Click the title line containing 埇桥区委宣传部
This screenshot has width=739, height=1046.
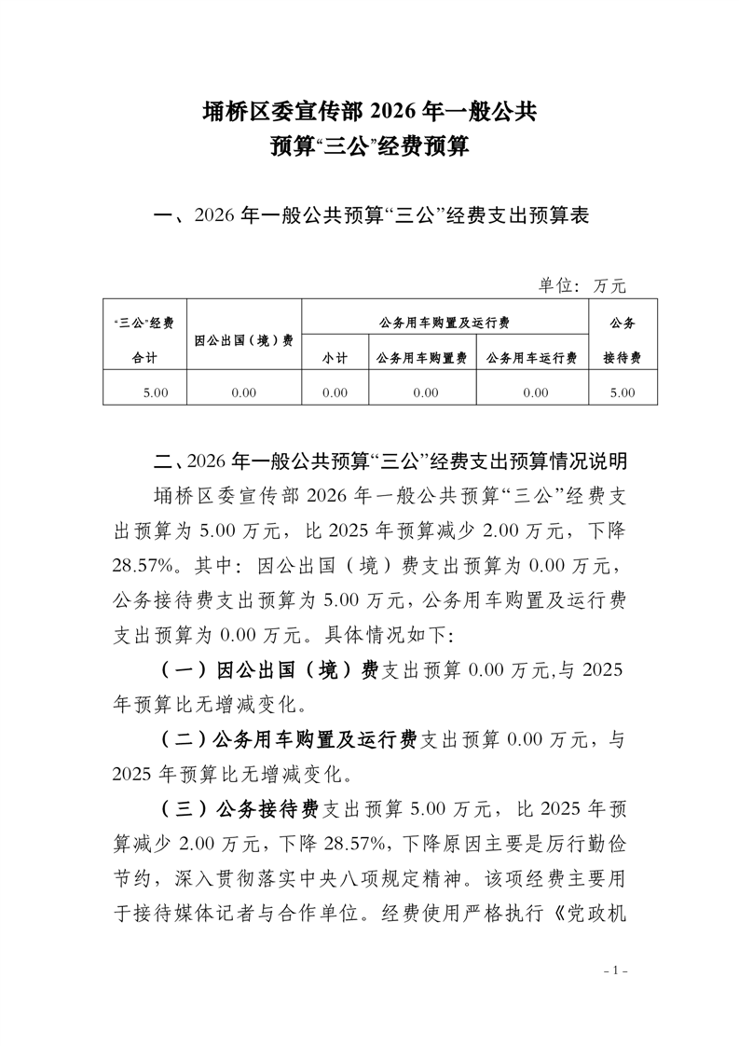[x=369, y=113]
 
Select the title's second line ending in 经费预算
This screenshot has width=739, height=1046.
[x=369, y=147]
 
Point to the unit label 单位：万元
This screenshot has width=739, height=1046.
[x=582, y=284]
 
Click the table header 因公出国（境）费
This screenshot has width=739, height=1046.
[x=244, y=339]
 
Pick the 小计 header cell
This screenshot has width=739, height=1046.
[x=335, y=357]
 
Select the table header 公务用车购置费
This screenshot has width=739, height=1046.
[x=424, y=357]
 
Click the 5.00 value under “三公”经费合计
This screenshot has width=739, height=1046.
[x=156, y=392]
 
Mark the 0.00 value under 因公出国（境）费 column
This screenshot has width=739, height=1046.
[x=244, y=392]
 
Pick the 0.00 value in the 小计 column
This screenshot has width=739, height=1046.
[x=335, y=392]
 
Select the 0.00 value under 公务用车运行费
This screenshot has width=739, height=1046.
[x=535, y=392]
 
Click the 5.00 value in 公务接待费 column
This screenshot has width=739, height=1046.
[x=622, y=392]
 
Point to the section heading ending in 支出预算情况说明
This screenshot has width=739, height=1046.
[x=392, y=461]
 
